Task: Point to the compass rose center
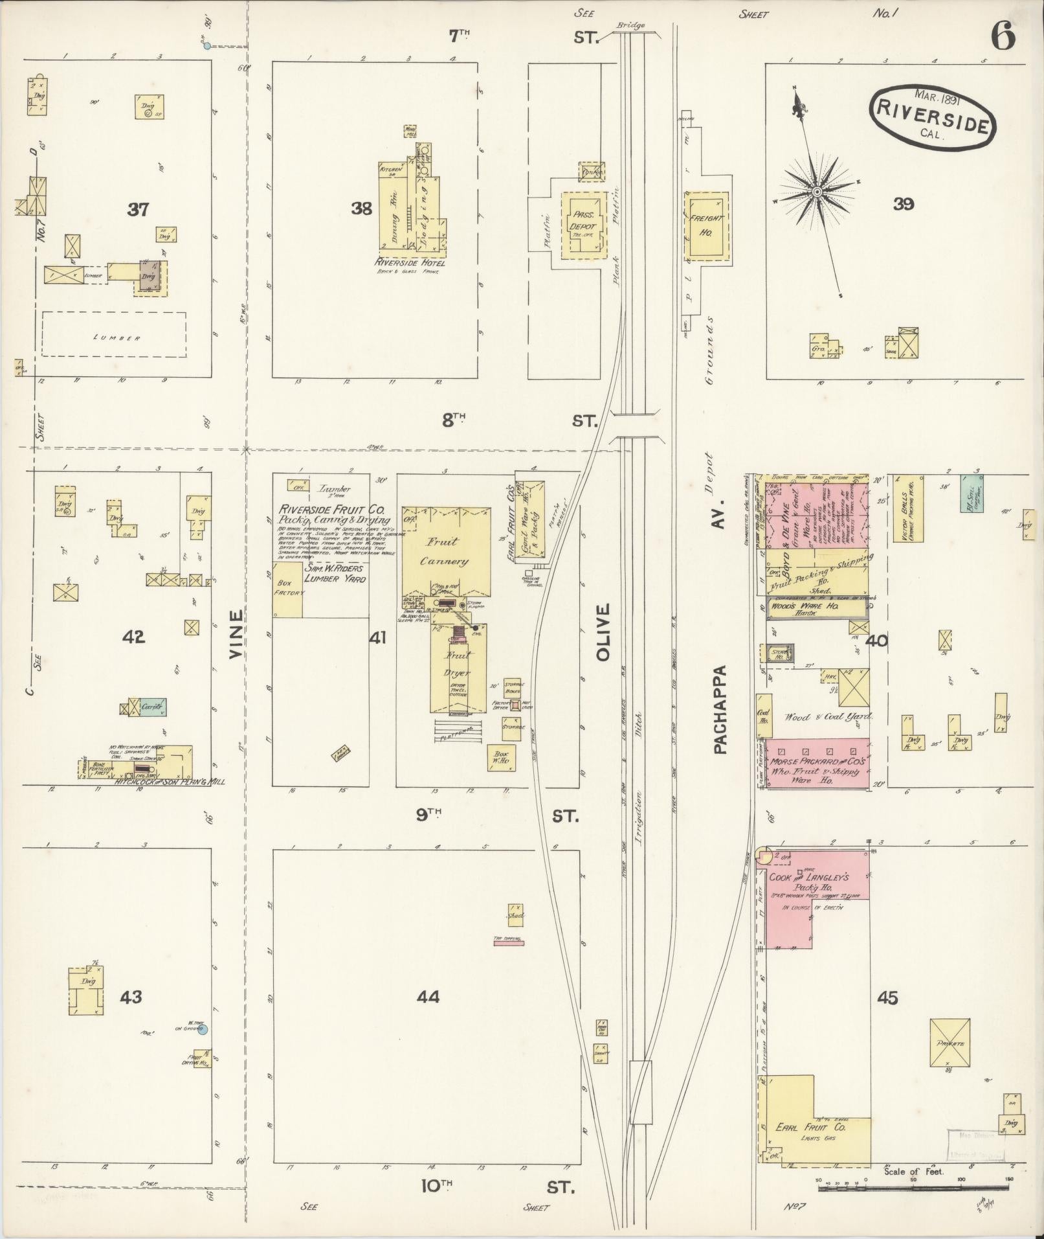[x=817, y=192]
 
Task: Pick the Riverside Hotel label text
[x=409, y=263]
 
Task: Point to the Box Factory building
[x=288, y=589]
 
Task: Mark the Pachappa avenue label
[x=721, y=709]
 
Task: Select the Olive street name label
[x=603, y=633]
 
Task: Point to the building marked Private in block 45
[x=950, y=1042]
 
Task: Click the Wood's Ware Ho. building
[x=816, y=608]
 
